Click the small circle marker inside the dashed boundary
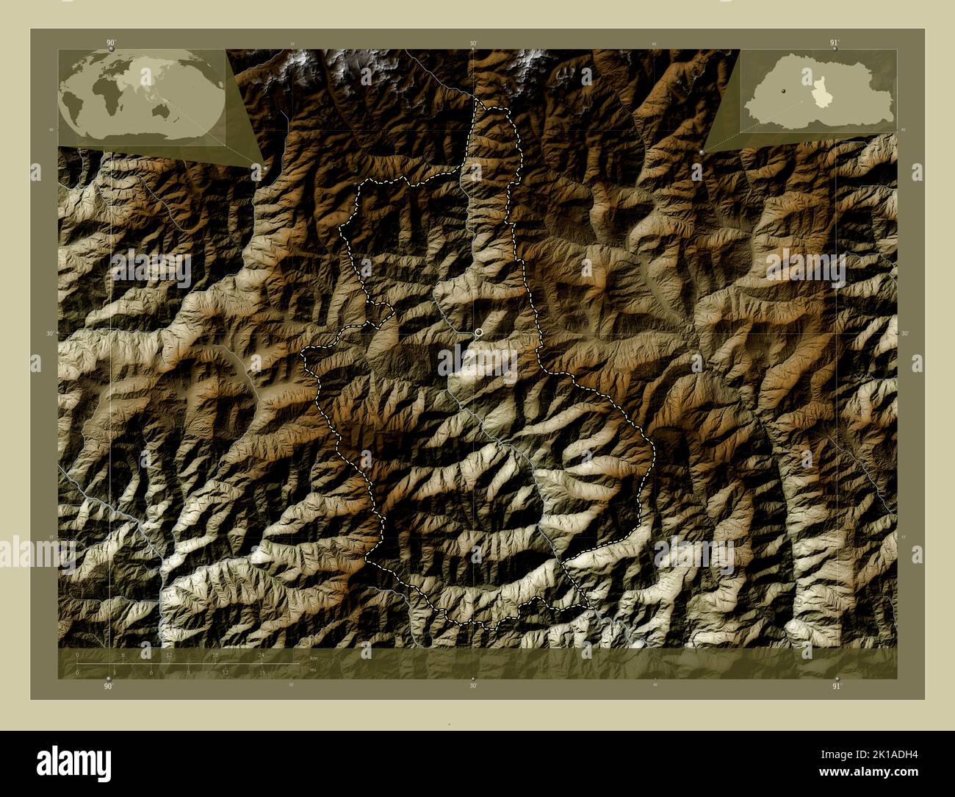(x=479, y=333)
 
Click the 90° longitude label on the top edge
(x=110, y=43)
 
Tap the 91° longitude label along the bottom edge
(x=835, y=686)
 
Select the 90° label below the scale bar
(x=109, y=686)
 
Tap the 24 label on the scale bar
(x=262, y=654)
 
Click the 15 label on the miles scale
(x=262, y=672)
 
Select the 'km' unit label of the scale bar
(x=314, y=657)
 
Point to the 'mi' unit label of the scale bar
(x=313, y=669)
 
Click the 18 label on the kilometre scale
(x=215, y=654)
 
